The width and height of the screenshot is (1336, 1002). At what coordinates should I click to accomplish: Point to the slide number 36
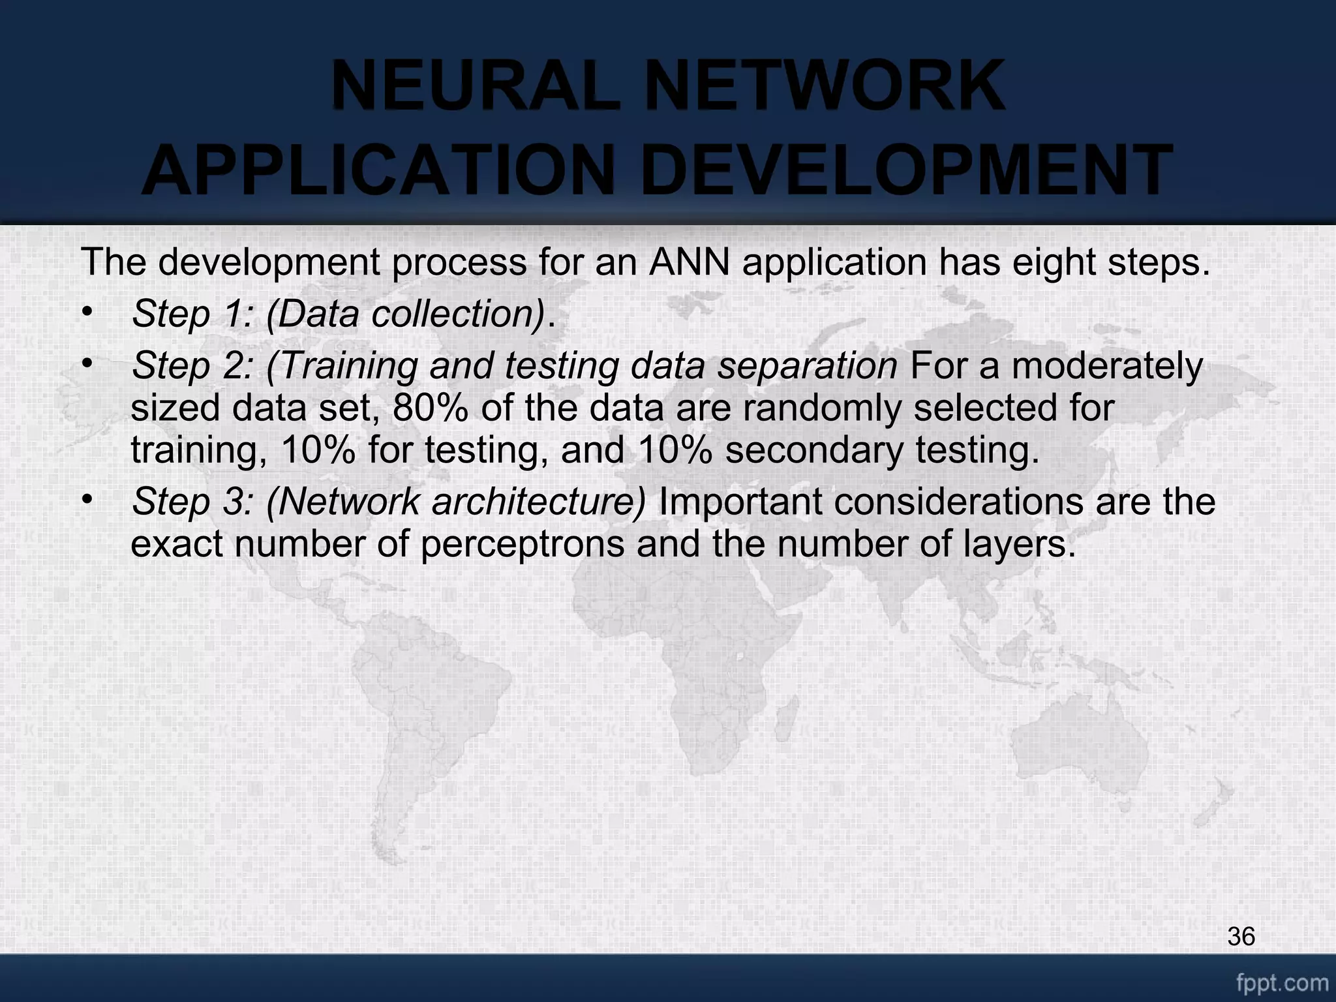pos(1241,937)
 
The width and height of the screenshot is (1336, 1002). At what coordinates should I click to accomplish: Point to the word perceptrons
pos(523,544)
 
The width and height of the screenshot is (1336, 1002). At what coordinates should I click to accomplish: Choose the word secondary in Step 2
pos(815,450)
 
